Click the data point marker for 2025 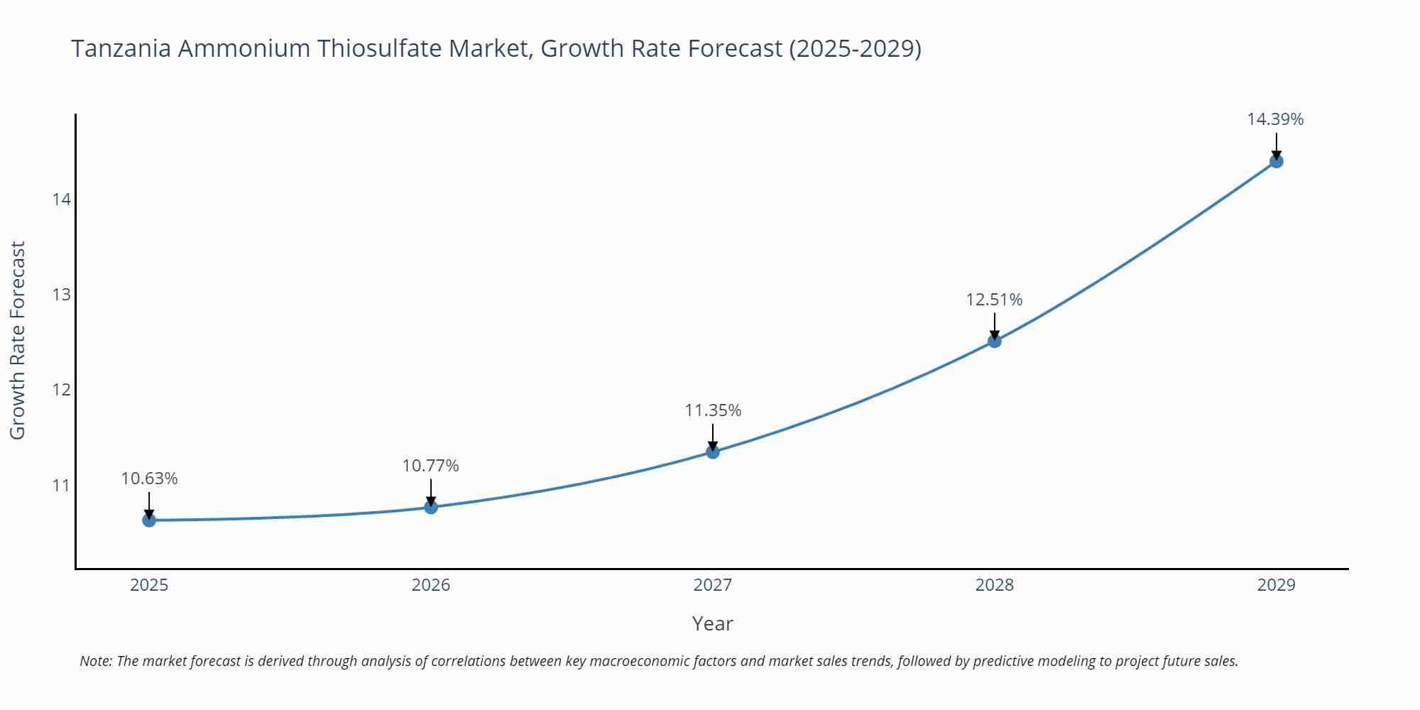[x=149, y=520]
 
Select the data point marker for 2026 [x=431, y=507]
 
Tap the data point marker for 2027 [x=713, y=452]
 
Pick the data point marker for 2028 [x=995, y=341]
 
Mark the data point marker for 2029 [x=1276, y=161]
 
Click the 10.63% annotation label [x=149, y=479]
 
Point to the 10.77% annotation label [x=431, y=466]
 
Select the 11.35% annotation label [x=713, y=410]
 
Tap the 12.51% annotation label [x=994, y=300]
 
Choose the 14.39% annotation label [x=1275, y=119]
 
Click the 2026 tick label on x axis [x=431, y=585]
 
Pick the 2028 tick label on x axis [x=994, y=585]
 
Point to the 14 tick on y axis [x=62, y=200]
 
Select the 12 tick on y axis [x=62, y=390]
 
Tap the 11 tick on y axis [x=62, y=486]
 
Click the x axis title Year [x=712, y=623]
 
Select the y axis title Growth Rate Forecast [x=18, y=341]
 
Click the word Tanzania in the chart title [x=120, y=48]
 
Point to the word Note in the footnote [x=95, y=661]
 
